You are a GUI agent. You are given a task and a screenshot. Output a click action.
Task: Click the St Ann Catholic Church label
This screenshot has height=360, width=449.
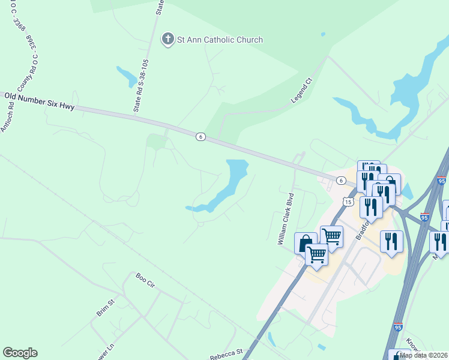click(x=220, y=40)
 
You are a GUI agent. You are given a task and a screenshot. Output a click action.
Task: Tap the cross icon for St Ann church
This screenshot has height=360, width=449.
click(x=168, y=40)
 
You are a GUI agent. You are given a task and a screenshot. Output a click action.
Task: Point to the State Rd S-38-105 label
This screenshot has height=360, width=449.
click(x=140, y=86)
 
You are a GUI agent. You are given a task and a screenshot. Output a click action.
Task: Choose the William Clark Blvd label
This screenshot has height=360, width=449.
click(x=285, y=219)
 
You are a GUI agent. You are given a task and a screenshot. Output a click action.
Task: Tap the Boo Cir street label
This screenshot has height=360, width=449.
click(x=145, y=280)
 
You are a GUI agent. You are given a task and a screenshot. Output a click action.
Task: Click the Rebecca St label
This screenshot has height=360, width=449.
click(x=226, y=355)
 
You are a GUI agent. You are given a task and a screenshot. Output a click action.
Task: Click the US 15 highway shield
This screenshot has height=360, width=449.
click(x=348, y=202)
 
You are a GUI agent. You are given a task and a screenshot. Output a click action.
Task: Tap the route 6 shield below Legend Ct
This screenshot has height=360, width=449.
click(x=200, y=137)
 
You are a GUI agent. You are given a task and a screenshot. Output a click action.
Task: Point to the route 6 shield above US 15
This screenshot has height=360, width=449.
click(x=340, y=181)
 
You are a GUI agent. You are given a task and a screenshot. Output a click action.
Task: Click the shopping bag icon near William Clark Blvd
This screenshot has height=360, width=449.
click(x=305, y=243)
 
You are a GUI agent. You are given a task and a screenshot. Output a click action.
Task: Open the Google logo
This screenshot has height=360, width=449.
click(x=20, y=353)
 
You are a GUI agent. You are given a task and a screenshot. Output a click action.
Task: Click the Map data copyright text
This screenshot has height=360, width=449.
click(x=424, y=355)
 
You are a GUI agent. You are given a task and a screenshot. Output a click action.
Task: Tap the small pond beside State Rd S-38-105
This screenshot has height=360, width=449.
click(x=127, y=76)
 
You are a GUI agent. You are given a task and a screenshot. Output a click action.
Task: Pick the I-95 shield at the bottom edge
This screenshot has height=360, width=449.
click(x=398, y=327)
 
